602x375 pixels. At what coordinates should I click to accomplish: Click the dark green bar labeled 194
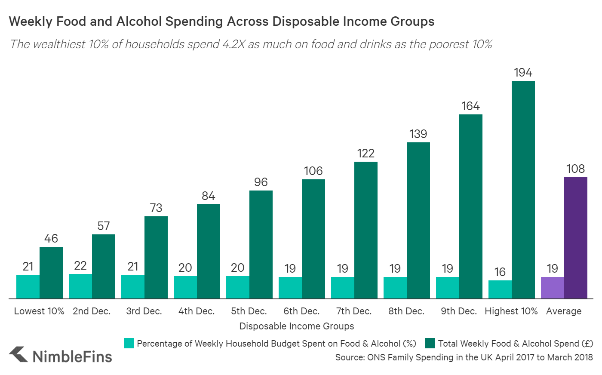point(523,189)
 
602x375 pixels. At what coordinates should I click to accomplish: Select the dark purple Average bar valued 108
point(575,237)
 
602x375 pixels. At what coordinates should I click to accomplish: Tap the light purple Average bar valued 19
point(552,287)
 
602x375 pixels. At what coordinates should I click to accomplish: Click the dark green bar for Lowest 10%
point(51,272)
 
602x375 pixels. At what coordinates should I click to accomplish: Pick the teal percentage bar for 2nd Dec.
point(80,286)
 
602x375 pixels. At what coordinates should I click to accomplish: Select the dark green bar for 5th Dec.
point(261,244)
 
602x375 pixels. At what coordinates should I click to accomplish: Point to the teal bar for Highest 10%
point(500,289)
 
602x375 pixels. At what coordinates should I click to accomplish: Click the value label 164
point(470,106)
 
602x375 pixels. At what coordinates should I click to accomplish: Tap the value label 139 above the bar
point(418,134)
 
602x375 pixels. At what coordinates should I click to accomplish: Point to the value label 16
point(500,272)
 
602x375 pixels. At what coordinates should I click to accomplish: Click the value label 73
point(156,208)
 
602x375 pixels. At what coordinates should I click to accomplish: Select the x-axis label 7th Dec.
point(354,311)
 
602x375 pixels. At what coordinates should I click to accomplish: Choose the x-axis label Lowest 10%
point(39,311)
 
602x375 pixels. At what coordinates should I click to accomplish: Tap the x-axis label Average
point(563,311)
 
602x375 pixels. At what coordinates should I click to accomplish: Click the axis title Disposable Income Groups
point(297,326)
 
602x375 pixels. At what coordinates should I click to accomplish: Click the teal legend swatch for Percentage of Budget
point(129,343)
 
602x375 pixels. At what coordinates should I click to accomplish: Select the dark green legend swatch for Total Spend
point(430,343)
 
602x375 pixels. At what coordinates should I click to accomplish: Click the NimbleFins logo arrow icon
point(18,355)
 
